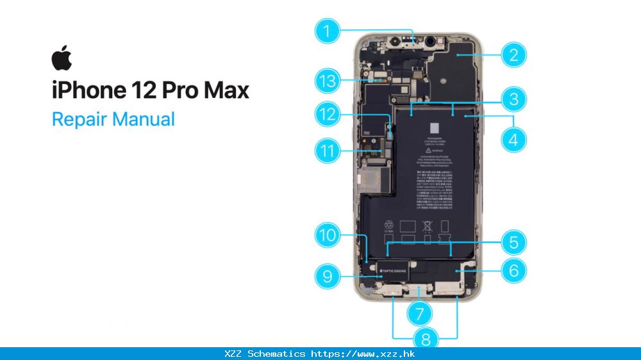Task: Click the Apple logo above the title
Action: click(x=62, y=58)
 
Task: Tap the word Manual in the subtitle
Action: click(x=144, y=119)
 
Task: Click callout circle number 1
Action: click(x=328, y=31)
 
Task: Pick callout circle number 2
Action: click(x=513, y=54)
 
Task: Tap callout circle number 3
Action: click(x=513, y=99)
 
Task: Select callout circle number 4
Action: click(x=513, y=138)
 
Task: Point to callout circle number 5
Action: click(x=513, y=242)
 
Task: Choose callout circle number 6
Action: click(x=513, y=270)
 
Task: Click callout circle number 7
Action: click(x=420, y=314)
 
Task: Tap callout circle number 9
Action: click(x=328, y=276)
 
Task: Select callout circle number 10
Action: click(x=328, y=235)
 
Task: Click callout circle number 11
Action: click(x=328, y=152)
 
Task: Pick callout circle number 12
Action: click(x=328, y=114)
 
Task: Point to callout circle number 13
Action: click(x=328, y=81)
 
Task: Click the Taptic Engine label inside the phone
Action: click(x=394, y=272)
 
